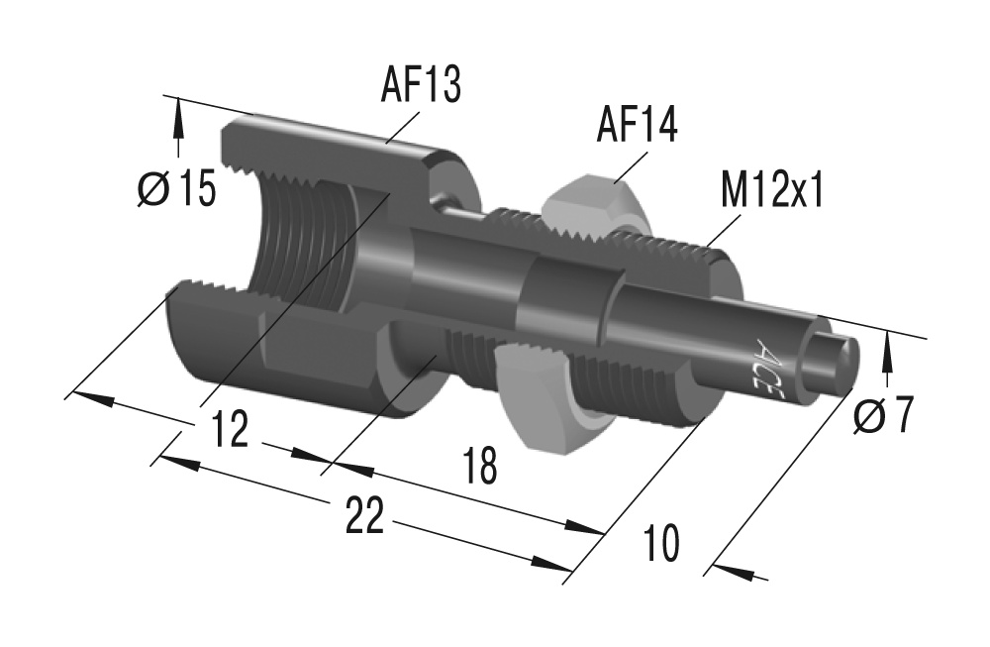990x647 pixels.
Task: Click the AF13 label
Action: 421,86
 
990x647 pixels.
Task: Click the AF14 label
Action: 636,126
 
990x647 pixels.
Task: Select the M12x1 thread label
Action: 772,191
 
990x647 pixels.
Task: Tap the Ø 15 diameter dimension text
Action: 175,188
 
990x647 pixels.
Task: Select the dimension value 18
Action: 479,466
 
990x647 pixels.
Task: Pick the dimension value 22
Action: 364,516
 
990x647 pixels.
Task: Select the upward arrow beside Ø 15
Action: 178,124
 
